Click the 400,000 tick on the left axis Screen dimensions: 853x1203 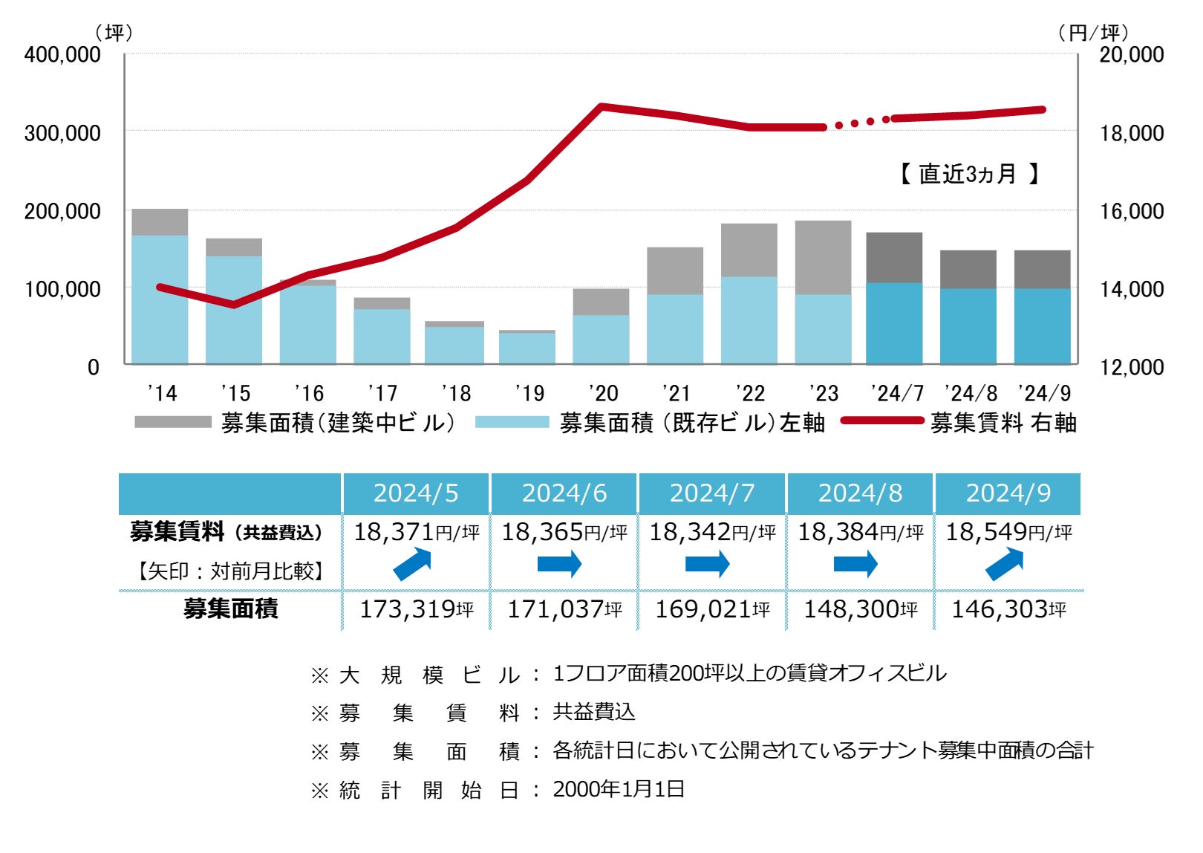62,54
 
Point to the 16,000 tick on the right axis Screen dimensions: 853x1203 1131,211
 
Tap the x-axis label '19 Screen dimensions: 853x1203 529,393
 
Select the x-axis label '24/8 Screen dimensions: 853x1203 970,393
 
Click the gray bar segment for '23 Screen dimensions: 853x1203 823,257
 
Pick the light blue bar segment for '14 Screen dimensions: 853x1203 160,299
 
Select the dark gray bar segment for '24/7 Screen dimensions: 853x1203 894,257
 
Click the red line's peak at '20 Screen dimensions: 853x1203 601,107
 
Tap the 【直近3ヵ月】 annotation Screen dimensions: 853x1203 968,174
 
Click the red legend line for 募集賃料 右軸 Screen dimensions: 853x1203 882,421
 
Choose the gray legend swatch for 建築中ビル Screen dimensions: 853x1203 173,422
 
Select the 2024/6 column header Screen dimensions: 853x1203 564,493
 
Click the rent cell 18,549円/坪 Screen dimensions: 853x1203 1008,532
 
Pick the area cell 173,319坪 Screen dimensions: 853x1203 416,609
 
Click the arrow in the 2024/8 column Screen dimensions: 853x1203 855,565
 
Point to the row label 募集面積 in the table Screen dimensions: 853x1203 230,609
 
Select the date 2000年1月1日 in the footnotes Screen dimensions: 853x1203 618,789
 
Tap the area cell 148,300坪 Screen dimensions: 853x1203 860,609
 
